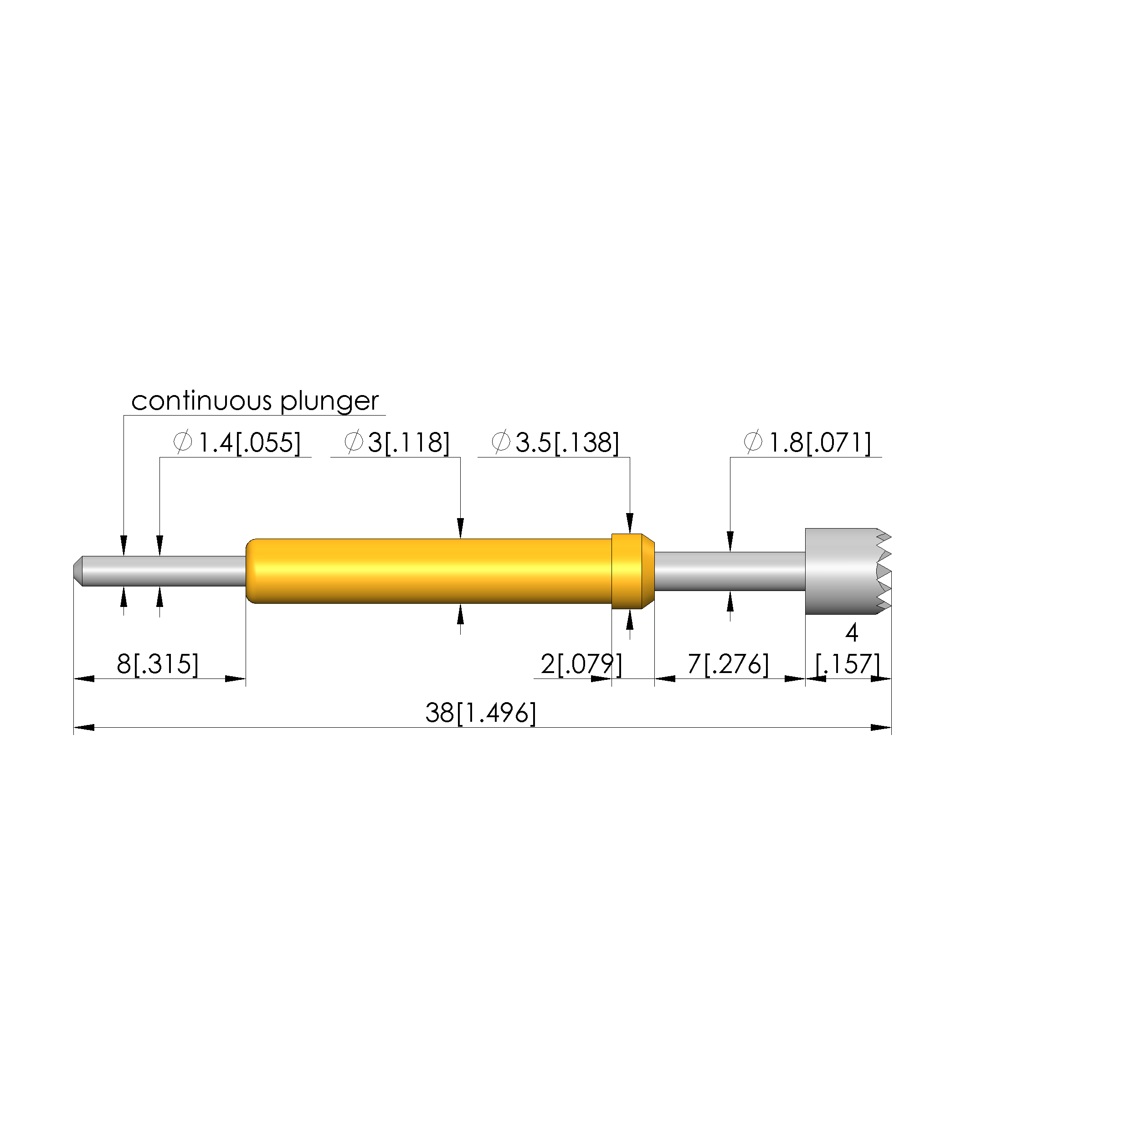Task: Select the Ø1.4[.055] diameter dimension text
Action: (237, 443)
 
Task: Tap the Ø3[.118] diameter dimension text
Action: (397, 443)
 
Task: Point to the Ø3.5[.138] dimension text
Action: (555, 443)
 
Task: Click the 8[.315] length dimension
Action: (158, 664)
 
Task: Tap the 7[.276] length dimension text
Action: (728, 664)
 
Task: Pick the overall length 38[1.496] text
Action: (481, 714)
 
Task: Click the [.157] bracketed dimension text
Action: (848, 664)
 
